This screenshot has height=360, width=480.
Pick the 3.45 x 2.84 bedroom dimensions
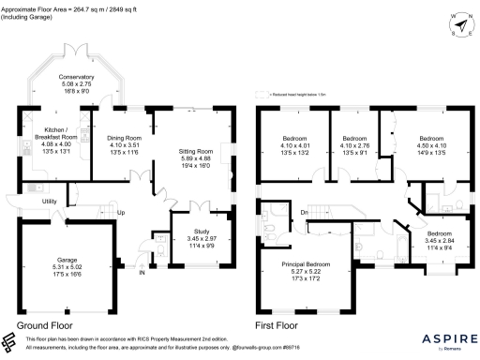tap(433, 238)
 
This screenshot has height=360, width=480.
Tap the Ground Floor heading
tap(45, 326)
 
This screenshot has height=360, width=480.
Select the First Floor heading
tap(278, 326)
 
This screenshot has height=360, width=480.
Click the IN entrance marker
tap(142, 274)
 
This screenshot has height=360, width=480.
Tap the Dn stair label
tap(304, 213)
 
